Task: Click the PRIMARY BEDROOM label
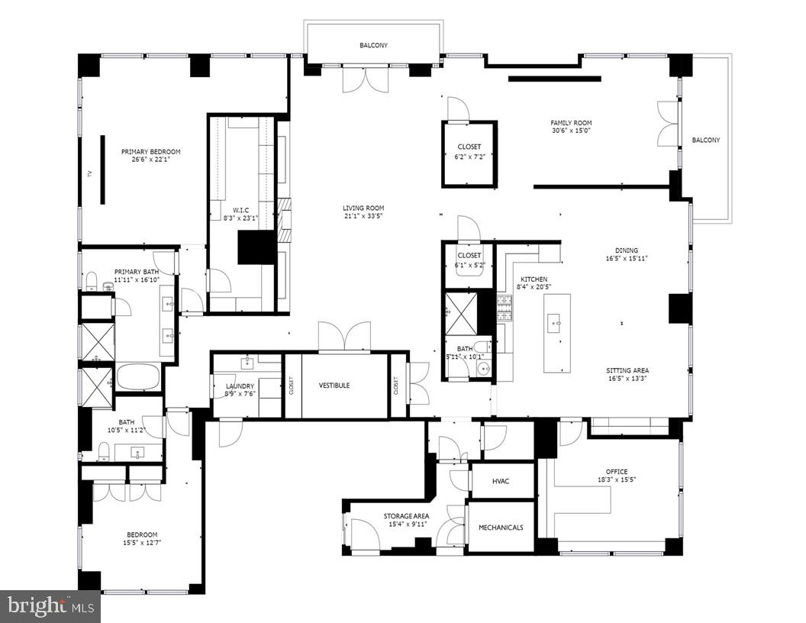click(x=150, y=152)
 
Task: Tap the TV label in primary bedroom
click(x=89, y=173)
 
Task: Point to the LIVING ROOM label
click(x=363, y=208)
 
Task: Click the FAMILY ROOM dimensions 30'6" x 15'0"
click(x=571, y=131)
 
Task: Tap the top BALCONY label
click(x=373, y=46)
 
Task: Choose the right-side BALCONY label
click(x=705, y=140)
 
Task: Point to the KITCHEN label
click(x=534, y=279)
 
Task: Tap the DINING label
click(x=627, y=250)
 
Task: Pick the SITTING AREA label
click(x=628, y=371)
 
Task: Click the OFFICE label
click(x=616, y=472)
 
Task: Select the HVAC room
click(x=501, y=481)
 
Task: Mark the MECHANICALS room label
click(x=500, y=528)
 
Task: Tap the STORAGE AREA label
click(x=405, y=517)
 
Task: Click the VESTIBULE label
click(x=334, y=386)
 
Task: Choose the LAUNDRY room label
click(x=239, y=386)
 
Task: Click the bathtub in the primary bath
click(x=138, y=376)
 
